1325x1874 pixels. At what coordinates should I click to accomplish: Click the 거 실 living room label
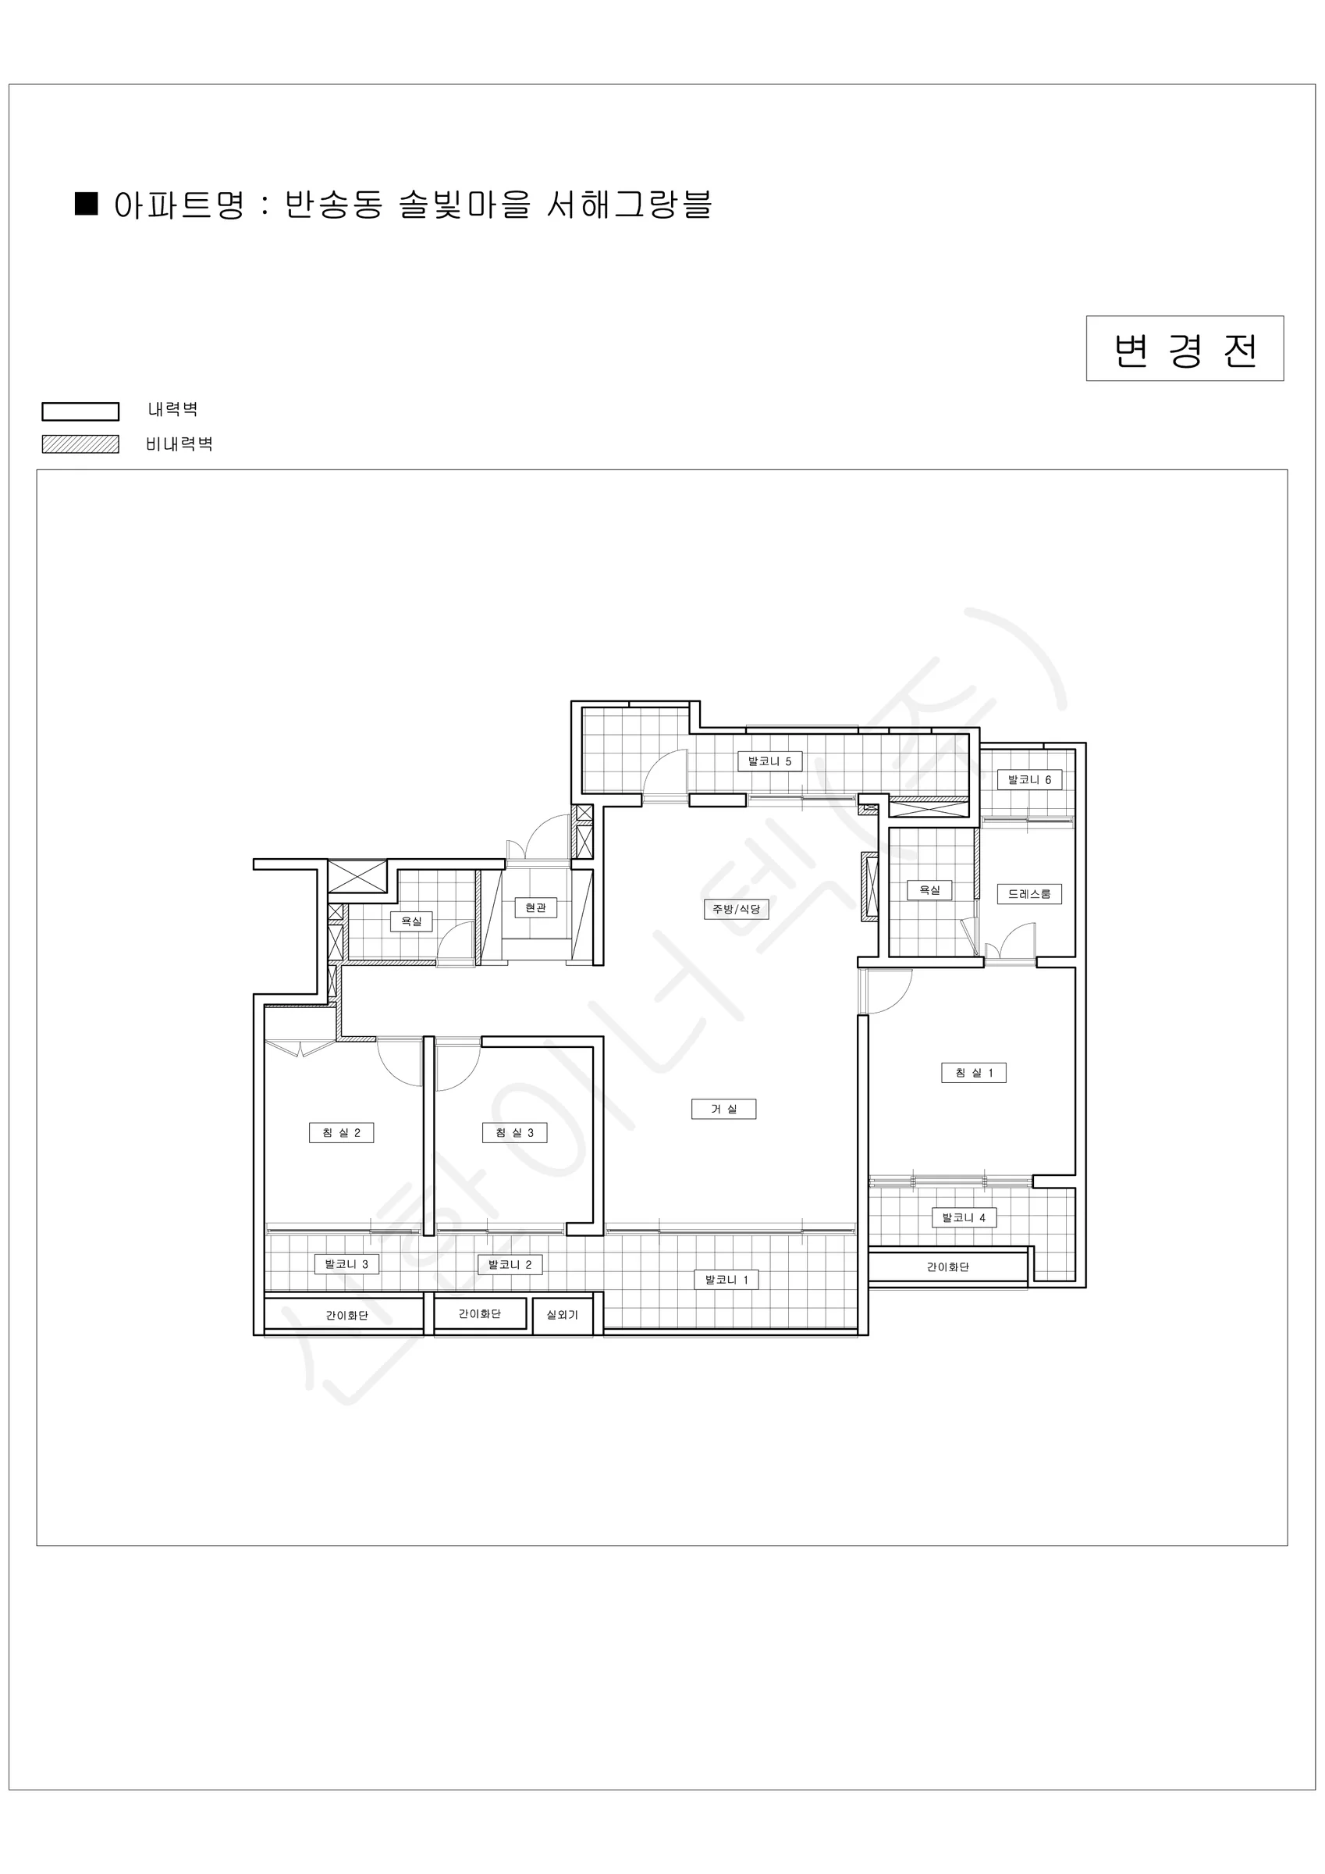723,1110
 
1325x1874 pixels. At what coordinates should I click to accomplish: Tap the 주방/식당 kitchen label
736,909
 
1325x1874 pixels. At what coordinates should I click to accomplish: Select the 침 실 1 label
973,1073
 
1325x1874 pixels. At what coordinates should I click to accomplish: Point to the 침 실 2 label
341,1133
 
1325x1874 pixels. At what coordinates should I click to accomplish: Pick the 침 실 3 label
515,1133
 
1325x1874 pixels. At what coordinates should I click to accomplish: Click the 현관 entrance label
535,907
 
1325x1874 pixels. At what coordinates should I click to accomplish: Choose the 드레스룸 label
1030,894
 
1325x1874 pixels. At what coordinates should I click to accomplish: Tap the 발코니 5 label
769,761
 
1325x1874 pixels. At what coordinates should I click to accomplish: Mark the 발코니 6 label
1030,779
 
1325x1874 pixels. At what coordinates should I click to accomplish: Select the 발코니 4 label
964,1218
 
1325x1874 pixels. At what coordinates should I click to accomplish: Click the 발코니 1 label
726,1280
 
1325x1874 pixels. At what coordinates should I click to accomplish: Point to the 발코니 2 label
510,1264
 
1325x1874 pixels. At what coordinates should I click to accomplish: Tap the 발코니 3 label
346,1264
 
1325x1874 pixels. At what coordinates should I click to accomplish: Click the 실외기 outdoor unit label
562,1315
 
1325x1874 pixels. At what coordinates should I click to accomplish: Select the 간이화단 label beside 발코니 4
948,1267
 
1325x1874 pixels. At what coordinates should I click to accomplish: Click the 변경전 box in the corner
1185,348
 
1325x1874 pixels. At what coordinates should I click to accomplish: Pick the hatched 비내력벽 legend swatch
81,444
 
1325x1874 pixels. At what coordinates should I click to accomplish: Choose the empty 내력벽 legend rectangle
81,411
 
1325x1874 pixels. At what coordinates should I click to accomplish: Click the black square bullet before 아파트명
87,203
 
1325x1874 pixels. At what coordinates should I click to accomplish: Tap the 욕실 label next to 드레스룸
929,889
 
